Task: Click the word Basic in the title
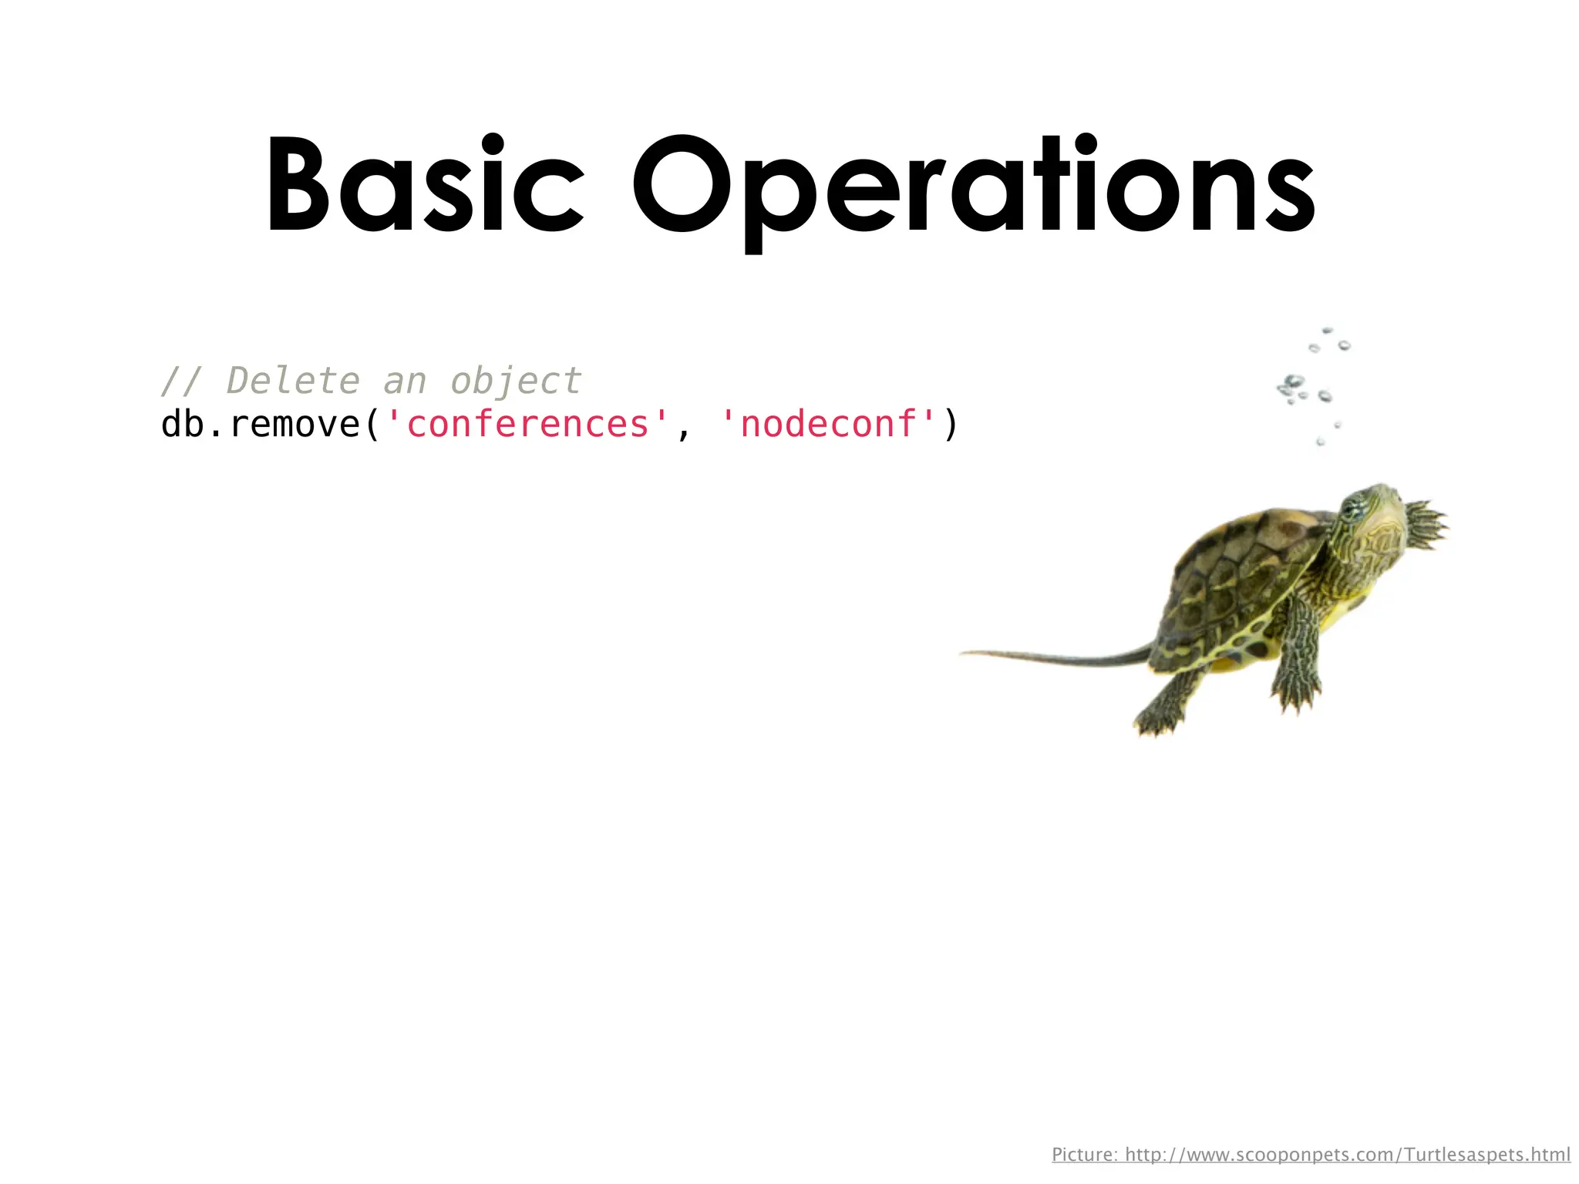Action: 424,185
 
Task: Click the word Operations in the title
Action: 973,189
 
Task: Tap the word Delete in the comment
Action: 293,381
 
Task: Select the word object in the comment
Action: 516,381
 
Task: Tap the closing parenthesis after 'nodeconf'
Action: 951,424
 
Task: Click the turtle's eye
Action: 1351,508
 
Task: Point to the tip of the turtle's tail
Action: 964,654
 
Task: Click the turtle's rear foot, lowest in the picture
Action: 1156,721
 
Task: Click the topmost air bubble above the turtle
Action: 1327,331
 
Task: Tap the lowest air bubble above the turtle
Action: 1321,442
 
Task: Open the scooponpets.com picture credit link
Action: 1347,1155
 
